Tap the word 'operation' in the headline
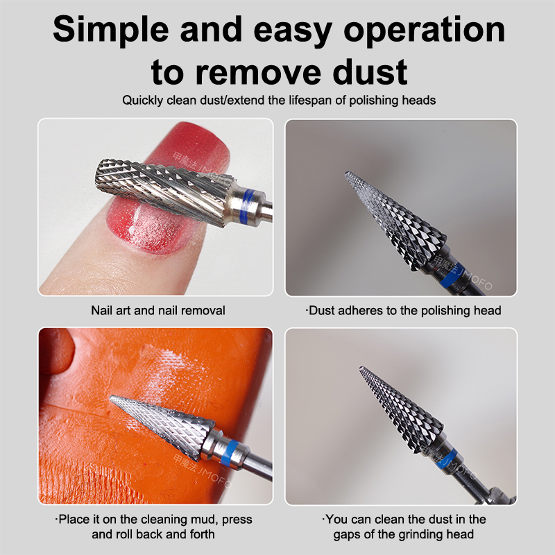tap(425, 31)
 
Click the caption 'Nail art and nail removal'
tap(158, 310)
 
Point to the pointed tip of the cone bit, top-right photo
tap(346, 173)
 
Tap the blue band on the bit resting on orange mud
tap(228, 452)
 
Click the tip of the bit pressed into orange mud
tap(111, 398)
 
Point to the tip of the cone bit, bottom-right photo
tap(361, 368)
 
